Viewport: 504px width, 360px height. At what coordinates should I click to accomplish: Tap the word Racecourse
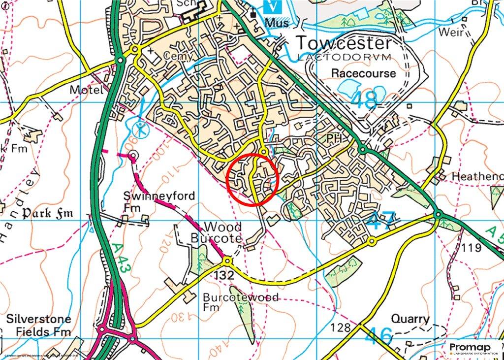coord(363,73)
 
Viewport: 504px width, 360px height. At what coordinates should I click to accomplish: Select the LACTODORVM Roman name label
coord(344,57)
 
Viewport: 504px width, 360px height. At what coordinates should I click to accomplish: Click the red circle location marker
coord(252,179)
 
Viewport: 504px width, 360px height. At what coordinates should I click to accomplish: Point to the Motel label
coord(87,90)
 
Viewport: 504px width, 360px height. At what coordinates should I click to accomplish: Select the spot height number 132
coord(224,276)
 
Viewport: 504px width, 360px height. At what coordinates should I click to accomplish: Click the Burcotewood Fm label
coord(240,302)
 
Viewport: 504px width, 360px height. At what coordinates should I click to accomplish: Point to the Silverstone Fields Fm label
coord(38,326)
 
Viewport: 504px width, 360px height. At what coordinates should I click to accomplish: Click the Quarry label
coord(410,319)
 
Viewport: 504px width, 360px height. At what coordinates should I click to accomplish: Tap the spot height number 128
coord(341,327)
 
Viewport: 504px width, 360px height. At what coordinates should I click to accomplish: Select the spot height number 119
coord(472,248)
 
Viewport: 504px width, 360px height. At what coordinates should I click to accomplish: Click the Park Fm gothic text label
coord(47,214)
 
